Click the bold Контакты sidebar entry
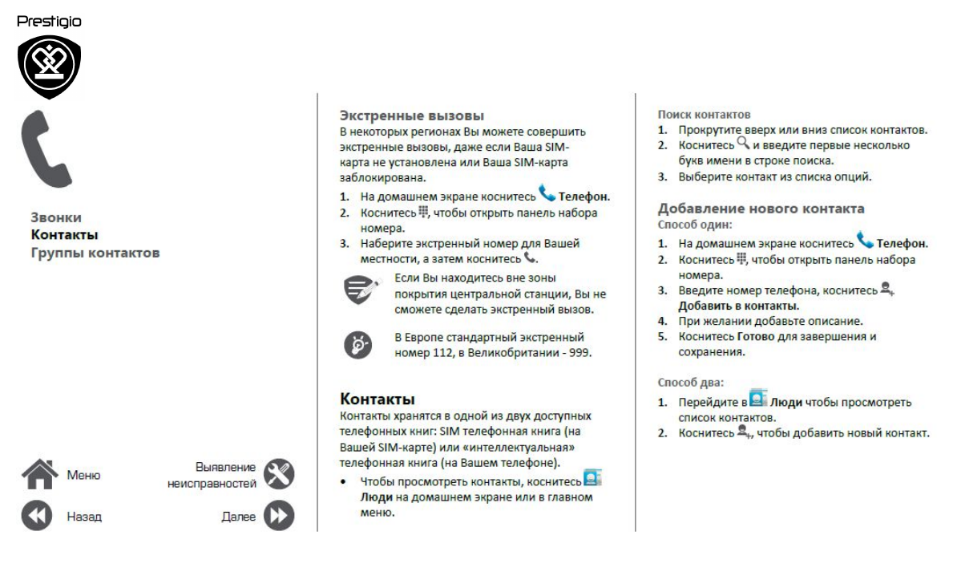point(64,235)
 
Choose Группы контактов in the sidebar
point(95,253)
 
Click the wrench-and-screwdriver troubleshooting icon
point(279,474)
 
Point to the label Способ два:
point(690,383)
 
